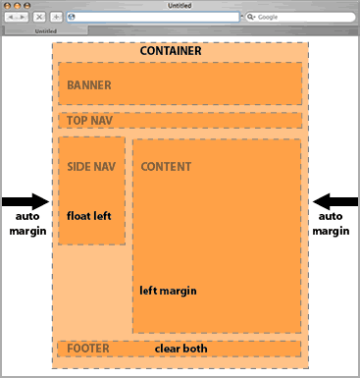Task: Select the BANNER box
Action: tap(180, 84)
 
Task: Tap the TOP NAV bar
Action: tap(180, 121)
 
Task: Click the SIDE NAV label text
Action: tap(91, 167)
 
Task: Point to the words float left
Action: tap(90, 215)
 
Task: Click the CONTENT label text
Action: tap(166, 167)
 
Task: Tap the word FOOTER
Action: tap(87, 349)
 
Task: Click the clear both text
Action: tap(180, 349)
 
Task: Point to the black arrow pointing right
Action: tap(25, 201)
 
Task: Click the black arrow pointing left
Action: tap(335, 201)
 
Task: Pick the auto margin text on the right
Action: tap(331, 223)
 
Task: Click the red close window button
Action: tap(7, 6)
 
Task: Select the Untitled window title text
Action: tap(180, 5)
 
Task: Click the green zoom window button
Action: tap(26, 6)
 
